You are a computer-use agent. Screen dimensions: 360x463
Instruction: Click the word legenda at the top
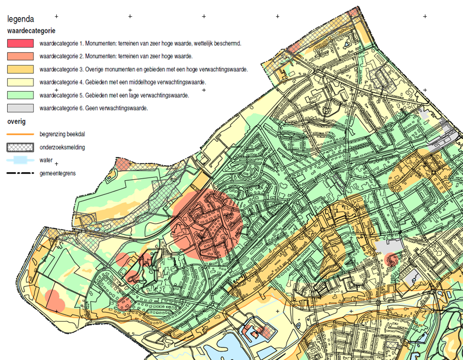tap(21, 19)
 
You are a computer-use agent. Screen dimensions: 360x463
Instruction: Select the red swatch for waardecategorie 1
tap(20, 43)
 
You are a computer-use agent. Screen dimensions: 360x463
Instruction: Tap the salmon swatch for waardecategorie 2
tap(20, 56)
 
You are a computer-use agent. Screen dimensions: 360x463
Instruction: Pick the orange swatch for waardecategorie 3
tap(20, 69)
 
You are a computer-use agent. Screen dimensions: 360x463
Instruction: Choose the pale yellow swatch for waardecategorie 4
tap(20, 82)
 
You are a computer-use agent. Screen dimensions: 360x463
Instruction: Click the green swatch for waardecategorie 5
tap(20, 95)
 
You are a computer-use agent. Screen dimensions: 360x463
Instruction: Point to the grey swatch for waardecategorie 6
tap(20, 108)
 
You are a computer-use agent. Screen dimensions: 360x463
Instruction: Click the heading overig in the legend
tap(17, 122)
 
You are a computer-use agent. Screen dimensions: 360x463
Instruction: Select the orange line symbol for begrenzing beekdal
tap(20, 134)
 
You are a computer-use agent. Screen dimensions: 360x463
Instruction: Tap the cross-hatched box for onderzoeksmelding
tap(20, 147)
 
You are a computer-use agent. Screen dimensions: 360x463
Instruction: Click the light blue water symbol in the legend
tap(20, 161)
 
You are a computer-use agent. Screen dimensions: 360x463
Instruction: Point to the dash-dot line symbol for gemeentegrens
tap(20, 174)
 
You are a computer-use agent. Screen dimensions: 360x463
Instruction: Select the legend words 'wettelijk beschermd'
tap(217, 43)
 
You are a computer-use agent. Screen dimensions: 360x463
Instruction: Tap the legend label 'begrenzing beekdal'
tap(61, 134)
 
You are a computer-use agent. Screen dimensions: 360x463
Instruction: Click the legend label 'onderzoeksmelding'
tap(62, 147)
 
